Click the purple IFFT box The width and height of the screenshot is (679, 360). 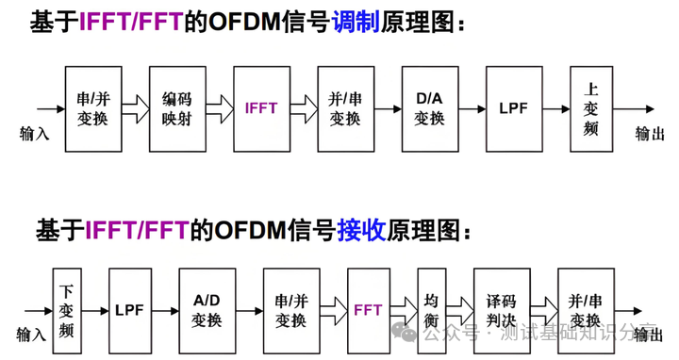pyautogui.click(x=261, y=109)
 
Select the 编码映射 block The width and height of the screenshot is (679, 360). pyautogui.click(x=177, y=109)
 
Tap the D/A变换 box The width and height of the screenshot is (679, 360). pyautogui.click(x=430, y=109)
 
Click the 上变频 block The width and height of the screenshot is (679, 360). pyautogui.click(x=591, y=109)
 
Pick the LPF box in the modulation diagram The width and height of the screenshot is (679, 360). pyautogui.click(x=514, y=109)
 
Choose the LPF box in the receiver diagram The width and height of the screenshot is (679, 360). pyautogui.click(x=130, y=311)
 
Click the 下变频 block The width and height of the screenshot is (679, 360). pyautogui.click(x=67, y=311)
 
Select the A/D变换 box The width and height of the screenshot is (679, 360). pyautogui.click(x=207, y=311)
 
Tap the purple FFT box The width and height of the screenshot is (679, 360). pyautogui.click(x=369, y=311)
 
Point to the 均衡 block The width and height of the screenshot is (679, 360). pyautogui.click(x=432, y=311)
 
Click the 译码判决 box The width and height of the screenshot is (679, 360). pyautogui.click(x=502, y=311)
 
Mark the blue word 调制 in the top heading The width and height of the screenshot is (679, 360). pyautogui.click(x=356, y=22)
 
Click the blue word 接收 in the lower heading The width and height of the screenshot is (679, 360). pyautogui.click(x=361, y=230)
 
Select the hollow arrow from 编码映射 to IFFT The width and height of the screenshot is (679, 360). pyautogui.click(x=220, y=109)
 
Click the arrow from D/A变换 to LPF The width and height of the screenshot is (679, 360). pyautogui.click(x=472, y=109)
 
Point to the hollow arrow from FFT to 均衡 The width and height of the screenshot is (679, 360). pyautogui.click(x=404, y=311)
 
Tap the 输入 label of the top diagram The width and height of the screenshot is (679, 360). pyautogui.click(x=34, y=133)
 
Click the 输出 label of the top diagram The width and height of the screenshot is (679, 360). pyautogui.click(x=650, y=133)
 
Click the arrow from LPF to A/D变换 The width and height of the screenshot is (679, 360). pyautogui.click(x=165, y=311)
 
